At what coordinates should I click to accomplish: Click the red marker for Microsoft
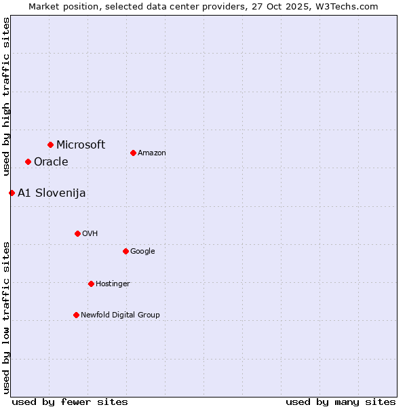(50, 144)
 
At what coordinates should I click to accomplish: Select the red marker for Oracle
(28, 161)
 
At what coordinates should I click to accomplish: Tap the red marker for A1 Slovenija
(12, 193)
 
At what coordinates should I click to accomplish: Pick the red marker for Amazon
(133, 153)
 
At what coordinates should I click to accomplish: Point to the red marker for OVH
(77, 233)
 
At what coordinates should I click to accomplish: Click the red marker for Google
(125, 251)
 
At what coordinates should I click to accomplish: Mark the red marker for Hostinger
(91, 284)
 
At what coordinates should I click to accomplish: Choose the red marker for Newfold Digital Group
(76, 315)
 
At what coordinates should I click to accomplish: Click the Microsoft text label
(81, 144)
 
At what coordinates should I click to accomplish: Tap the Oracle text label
(51, 161)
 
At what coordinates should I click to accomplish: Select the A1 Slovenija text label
(52, 193)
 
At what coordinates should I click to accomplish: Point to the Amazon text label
(152, 153)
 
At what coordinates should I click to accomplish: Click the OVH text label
(90, 233)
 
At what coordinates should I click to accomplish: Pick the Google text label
(142, 251)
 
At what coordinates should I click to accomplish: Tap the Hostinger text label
(113, 284)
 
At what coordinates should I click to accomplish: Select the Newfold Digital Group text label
(120, 315)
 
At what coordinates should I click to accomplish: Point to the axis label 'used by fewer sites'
(70, 402)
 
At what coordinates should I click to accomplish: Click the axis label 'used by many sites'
(341, 402)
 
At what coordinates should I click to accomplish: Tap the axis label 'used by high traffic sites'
(6, 96)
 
